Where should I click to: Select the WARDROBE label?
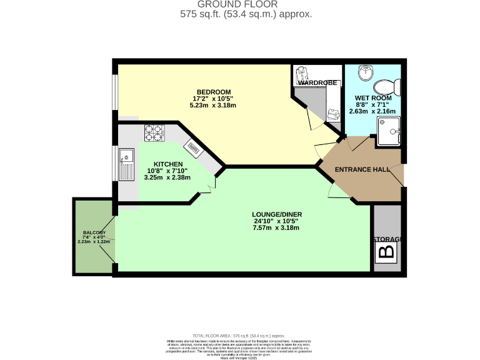[316, 82]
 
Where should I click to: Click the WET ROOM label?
[373, 98]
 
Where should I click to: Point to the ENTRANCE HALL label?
[362, 170]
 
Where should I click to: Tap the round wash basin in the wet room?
[364, 72]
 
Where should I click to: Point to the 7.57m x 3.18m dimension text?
[276, 228]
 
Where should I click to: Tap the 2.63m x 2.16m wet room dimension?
[373, 111]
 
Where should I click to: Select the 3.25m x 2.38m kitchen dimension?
[167, 177]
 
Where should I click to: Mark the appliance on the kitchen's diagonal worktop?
[193, 147]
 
